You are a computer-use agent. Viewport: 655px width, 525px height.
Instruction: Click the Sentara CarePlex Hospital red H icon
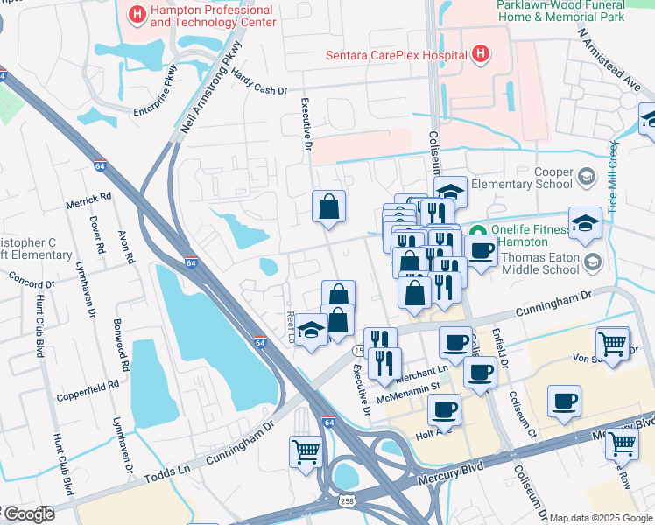[x=479, y=55]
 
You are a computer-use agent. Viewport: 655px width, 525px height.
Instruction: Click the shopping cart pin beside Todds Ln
[x=306, y=451]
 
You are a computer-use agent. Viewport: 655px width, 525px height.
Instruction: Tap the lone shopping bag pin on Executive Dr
[x=329, y=207]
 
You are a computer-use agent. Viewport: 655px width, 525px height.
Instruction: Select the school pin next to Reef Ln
[x=311, y=330]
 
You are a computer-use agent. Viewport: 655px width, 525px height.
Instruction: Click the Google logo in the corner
[x=28, y=514]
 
